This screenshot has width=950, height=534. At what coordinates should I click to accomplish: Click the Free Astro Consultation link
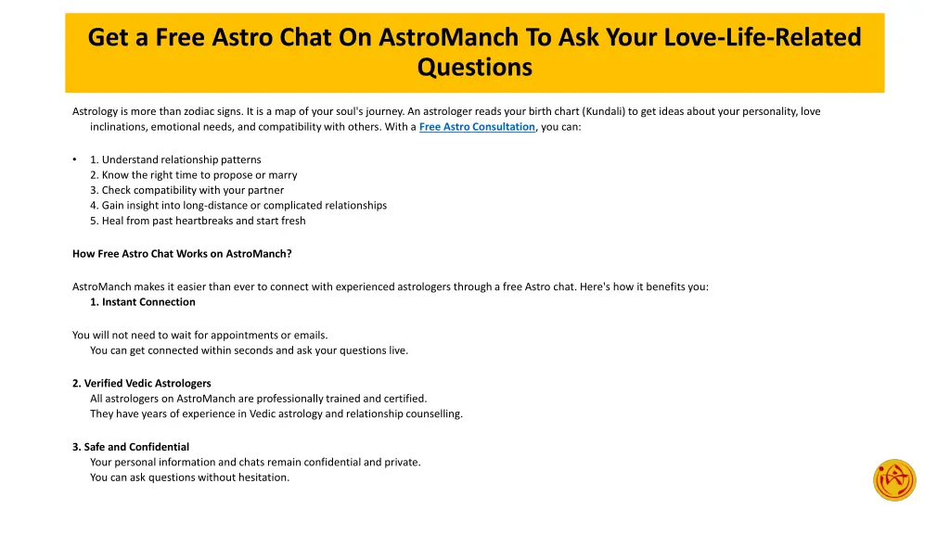point(477,127)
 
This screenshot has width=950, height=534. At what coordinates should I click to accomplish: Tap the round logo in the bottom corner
point(894,480)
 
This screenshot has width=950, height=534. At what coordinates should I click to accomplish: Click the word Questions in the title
point(474,68)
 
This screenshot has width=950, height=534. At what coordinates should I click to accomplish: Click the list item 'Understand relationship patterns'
point(175,159)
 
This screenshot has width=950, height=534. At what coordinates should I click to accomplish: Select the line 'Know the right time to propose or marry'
point(193,174)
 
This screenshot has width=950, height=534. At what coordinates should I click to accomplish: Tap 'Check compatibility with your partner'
point(186,190)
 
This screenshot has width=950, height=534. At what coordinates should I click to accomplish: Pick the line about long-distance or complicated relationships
point(238,205)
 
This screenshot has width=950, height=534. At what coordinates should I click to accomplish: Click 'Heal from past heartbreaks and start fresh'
point(198,221)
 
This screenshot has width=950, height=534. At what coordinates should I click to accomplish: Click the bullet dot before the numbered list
point(74,159)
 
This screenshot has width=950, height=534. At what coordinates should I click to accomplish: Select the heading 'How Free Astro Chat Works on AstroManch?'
point(182,253)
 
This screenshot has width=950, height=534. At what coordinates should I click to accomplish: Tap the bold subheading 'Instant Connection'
point(143,302)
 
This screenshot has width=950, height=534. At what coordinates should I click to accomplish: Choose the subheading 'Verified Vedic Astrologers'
point(142,383)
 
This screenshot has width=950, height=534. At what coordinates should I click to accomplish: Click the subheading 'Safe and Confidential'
point(131,447)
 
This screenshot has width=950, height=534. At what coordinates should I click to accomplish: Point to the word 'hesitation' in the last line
point(264,477)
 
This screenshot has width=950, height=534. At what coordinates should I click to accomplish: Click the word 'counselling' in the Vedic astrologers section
point(434,413)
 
